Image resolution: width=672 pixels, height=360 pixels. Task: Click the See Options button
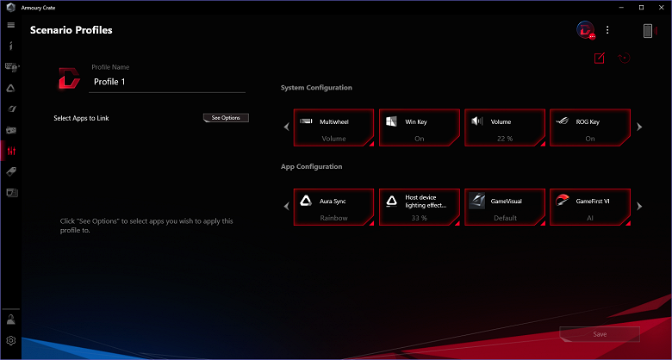tap(226, 118)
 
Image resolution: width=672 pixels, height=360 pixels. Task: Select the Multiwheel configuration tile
tap(333, 127)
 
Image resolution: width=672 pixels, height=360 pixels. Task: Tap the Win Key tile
tap(420, 127)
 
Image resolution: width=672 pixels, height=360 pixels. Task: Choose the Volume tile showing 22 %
tap(505, 127)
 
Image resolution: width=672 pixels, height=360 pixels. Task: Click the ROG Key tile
tap(590, 127)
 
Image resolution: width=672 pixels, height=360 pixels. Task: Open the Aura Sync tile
tap(333, 207)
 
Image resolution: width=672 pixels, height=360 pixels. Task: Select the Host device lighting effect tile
tap(420, 207)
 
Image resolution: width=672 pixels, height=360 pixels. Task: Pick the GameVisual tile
tap(505, 207)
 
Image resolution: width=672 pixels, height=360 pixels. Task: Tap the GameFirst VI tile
tap(590, 207)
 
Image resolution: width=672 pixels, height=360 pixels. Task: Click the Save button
tap(600, 334)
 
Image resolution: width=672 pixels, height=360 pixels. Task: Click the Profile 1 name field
tap(167, 82)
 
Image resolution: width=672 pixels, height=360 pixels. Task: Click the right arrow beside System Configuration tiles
tap(639, 127)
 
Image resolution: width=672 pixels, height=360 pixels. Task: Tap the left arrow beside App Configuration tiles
tap(287, 207)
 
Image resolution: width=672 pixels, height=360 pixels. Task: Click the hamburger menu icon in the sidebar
tap(11, 25)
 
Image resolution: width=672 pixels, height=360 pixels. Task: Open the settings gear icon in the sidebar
tap(11, 341)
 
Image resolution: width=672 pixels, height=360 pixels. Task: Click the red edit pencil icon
tap(599, 58)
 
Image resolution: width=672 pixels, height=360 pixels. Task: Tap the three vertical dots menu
tap(607, 30)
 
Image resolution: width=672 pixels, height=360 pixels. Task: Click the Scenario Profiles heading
tap(72, 30)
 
